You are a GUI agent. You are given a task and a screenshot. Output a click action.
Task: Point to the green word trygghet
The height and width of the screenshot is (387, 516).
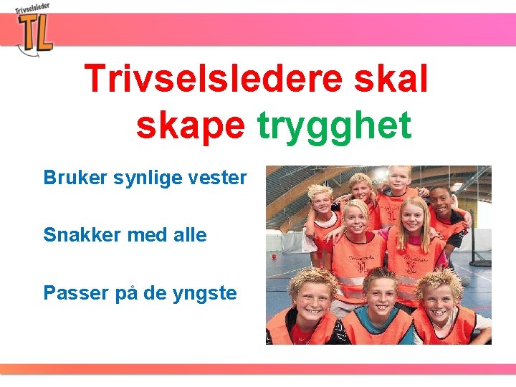coord(334,126)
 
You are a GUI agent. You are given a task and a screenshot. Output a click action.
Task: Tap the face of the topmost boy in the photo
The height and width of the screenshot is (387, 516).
coord(398,178)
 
